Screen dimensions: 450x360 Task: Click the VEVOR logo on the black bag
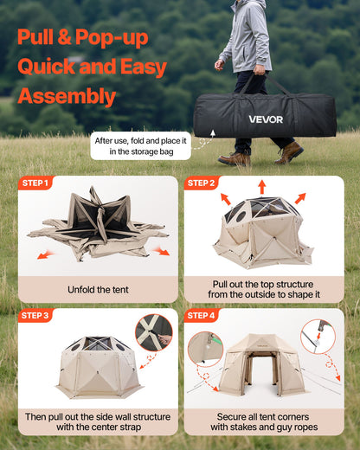tap(266, 119)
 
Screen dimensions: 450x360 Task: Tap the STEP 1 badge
tap(35, 183)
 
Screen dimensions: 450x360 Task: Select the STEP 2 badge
tap(202, 183)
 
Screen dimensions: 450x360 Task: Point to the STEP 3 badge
tap(35, 316)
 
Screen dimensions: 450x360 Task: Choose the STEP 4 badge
tap(202, 316)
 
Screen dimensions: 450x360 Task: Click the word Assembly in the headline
tap(67, 96)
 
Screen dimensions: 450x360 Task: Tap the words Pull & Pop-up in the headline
tap(82, 37)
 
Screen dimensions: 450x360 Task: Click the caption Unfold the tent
tap(98, 289)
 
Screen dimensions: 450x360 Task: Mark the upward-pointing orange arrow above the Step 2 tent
tap(261, 186)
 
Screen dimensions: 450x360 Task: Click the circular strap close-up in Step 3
tap(153, 332)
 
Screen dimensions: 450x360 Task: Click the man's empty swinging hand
tap(220, 65)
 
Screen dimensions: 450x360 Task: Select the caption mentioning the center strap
tap(98, 421)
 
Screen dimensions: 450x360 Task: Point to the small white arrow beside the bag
tap(212, 135)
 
